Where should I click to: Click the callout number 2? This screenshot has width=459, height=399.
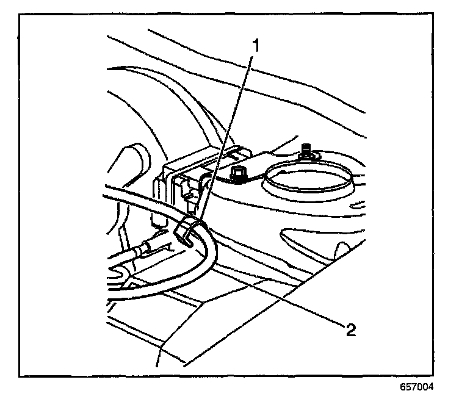tap(350, 330)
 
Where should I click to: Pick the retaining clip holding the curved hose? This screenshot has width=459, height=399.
tap(187, 230)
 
